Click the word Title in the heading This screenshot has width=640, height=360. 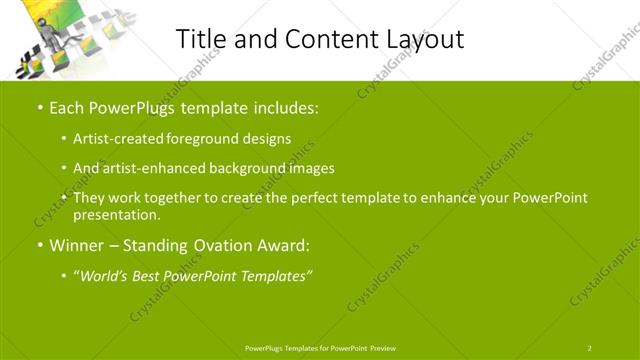pos(200,39)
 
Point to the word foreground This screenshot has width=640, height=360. pos(208,139)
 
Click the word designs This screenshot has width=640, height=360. pos(268,139)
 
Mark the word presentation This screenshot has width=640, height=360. pos(115,215)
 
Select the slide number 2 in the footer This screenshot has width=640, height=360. pos(589,347)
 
